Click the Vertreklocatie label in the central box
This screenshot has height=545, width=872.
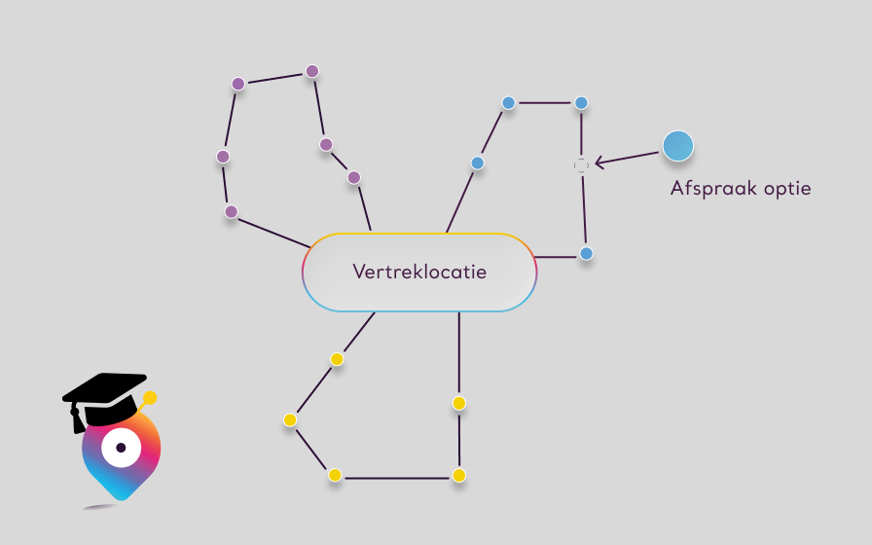pyautogui.click(x=419, y=272)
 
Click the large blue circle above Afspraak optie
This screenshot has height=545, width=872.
pyautogui.click(x=678, y=146)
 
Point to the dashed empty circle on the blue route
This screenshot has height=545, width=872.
pyautogui.click(x=581, y=165)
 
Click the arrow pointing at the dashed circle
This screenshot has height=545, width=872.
pyautogui.click(x=628, y=158)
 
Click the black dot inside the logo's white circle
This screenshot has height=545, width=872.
pyautogui.click(x=121, y=448)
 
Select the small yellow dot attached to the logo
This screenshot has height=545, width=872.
pyautogui.click(x=150, y=398)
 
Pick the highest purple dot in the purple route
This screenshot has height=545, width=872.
pyautogui.click(x=312, y=71)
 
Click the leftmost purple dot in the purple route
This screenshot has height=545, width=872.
pyautogui.click(x=223, y=157)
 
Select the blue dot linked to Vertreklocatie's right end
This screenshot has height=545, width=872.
pyautogui.click(x=586, y=253)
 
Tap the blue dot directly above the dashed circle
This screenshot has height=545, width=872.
pyautogui.click(x=581, y=102)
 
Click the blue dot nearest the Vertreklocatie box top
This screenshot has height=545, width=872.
pyautogui.click(x=477, y=163)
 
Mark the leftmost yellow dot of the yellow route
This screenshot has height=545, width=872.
pyautogui.click(x=290, y=419)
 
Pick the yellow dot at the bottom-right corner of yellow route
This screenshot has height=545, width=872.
pyautogui.click(x=458, y=475)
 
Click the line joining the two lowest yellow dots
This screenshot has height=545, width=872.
pyautogui.click(x=397, y=477)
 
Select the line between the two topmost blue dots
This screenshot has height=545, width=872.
pyautogui.click(x=545, y=102)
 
